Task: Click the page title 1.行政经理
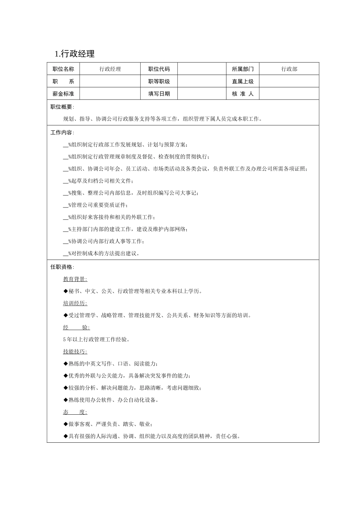(75, 54)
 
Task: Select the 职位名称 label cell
(63, 69)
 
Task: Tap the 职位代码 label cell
(159, 69)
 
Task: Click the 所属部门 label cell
(243, 69)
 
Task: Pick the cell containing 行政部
(289, 69)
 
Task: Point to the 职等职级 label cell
(159, 81)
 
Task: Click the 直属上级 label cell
(243, 81)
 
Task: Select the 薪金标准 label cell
(63, 94)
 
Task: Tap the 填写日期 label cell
(159, 94)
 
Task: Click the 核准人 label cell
(243, 94)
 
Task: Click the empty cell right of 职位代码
(202, 69)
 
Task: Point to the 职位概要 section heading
(62, 107)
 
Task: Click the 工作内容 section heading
(62, 133)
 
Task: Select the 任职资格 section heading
(62, 267)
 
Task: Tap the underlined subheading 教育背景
(75, 279)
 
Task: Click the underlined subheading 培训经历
(75, 303)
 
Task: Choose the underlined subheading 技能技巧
(75, 351)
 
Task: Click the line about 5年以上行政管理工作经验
(97, 339)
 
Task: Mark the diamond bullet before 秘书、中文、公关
(66, 291)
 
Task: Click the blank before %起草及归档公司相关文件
(66, 181)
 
